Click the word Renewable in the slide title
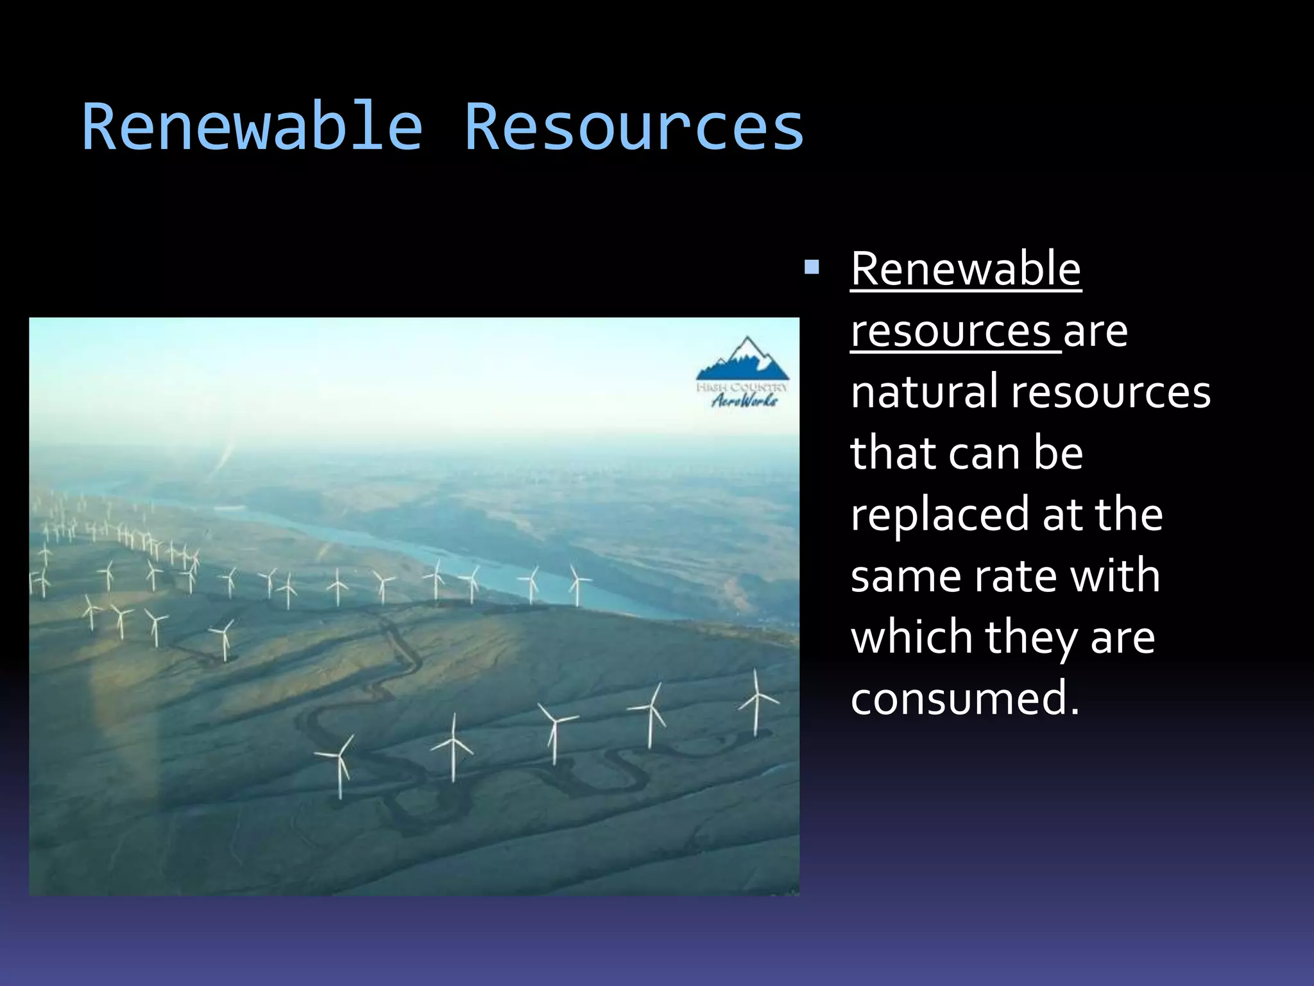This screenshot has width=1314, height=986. pos(252,127)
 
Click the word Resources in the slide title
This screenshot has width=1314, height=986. pos(633,127)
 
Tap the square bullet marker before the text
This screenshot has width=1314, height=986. pos(812,267)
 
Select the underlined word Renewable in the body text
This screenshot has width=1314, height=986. pos(966,270)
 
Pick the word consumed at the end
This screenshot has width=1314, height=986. pos(964,698)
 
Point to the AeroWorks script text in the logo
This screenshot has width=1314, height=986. pos(744,401)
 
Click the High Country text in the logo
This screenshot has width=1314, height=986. pos(742,387)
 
